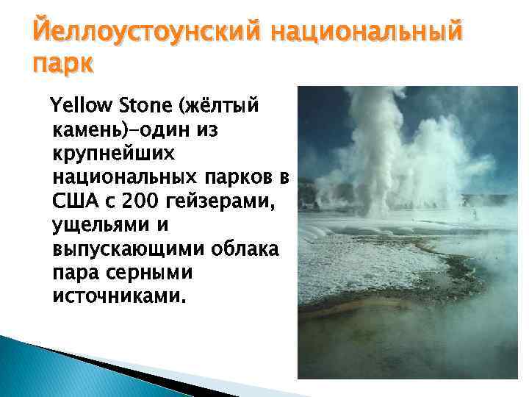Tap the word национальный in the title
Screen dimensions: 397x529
pyautogui.click(x=368, y=32)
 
